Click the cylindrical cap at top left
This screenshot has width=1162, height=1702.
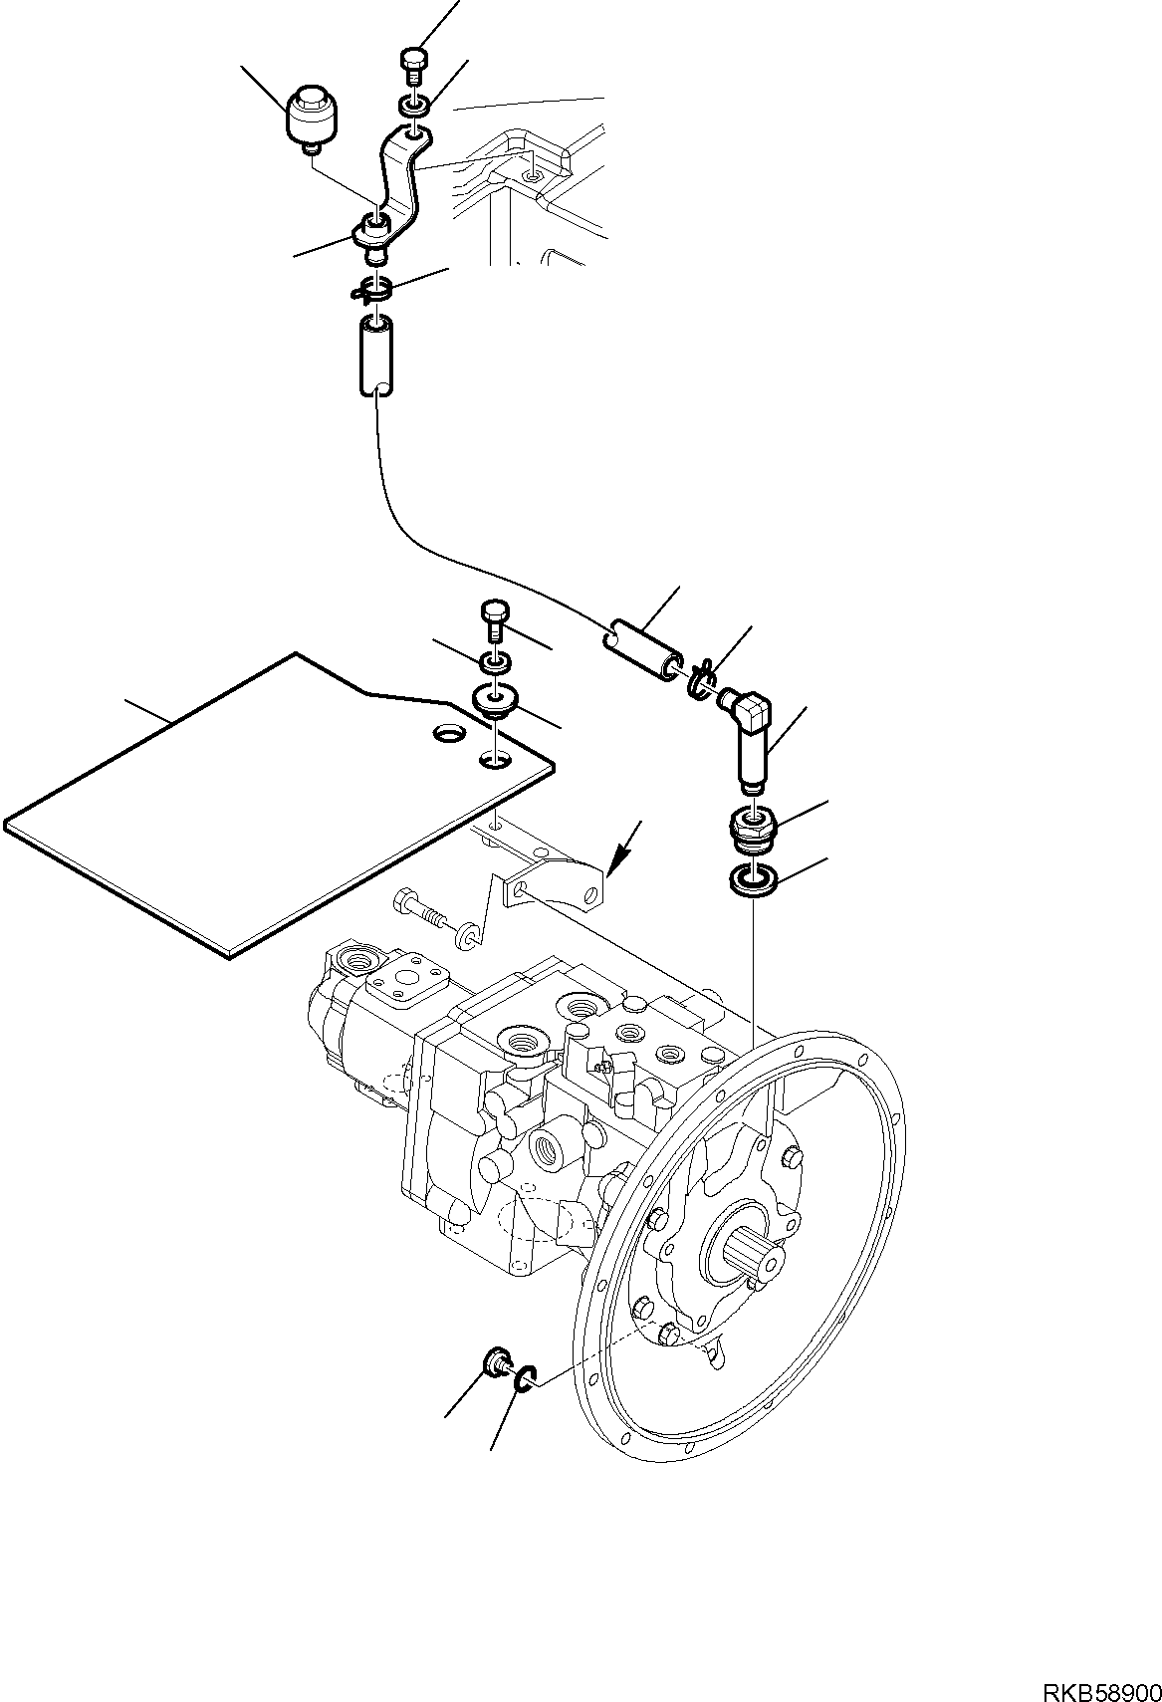pos(311,118)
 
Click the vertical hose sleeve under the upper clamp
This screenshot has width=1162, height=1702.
pos(375,355)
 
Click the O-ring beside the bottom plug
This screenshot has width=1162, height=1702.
pos(525,1379)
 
